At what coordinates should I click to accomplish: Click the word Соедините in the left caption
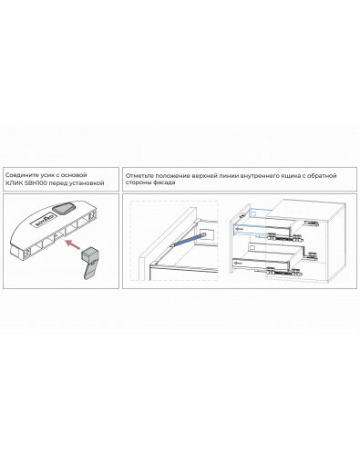coord(20,175)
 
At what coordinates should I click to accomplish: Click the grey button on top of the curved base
coord(63,209)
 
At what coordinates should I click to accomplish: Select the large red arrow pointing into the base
coord(73,244)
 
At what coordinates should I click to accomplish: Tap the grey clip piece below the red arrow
coord(89,262)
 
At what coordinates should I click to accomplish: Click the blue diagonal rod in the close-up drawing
coord(186,239)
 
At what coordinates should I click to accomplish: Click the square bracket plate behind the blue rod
coord(206,234)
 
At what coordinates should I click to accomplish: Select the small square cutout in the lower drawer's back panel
coord(252,248)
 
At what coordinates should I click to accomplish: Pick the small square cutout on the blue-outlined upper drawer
coord(252,213)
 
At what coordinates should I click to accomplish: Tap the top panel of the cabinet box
coord(307,209)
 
